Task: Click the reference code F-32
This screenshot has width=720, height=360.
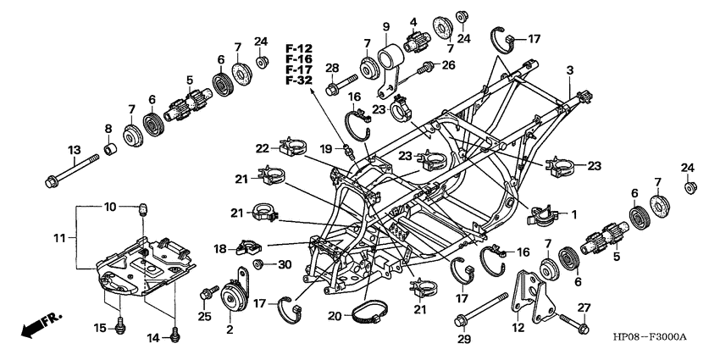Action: click(x=299, y=80)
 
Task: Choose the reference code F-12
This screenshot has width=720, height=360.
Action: click(x=299, y=47)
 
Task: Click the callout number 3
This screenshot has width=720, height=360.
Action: click(x=570, y=69)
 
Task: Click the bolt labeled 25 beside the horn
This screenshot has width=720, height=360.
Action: click(x=204, y=295)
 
